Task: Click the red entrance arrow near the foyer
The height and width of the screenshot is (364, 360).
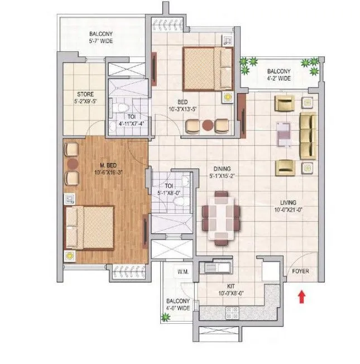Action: point(302,296)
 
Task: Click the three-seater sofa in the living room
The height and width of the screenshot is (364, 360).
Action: point(308,135)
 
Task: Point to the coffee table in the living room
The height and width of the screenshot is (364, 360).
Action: point(284,133)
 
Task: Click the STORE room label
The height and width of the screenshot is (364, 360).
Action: point(85,98)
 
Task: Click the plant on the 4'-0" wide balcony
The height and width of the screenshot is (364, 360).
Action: point(165,318)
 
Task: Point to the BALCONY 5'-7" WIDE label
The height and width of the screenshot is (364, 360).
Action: point(102,37)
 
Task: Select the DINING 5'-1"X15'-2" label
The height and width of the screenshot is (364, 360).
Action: point(225,172)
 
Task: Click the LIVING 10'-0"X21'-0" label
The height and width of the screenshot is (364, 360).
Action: point(288,206)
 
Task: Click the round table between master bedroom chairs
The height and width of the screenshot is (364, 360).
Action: point(72,164)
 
